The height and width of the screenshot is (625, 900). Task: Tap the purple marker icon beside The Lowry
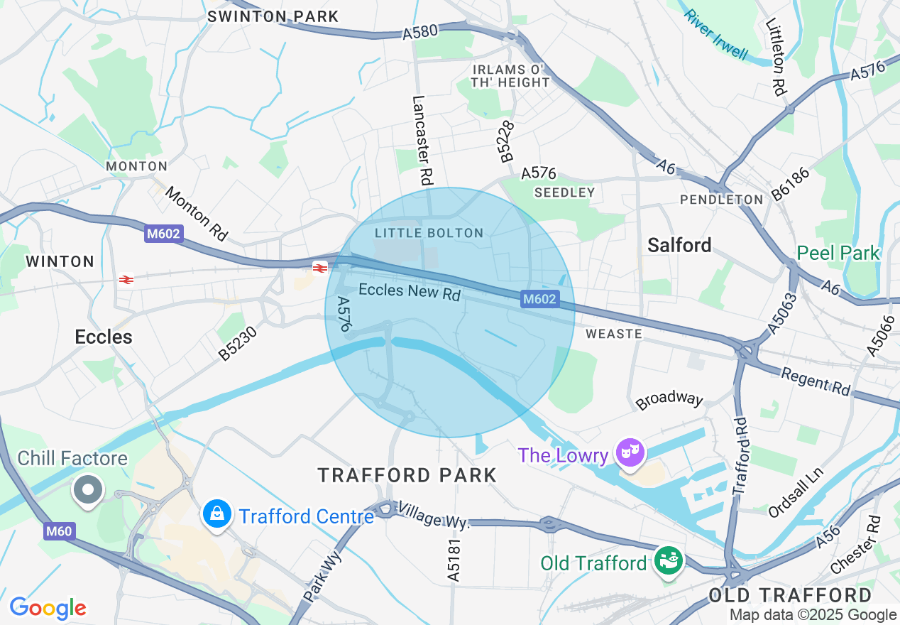[x=630, y=452]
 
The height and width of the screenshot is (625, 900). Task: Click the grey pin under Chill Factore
[x=89, y=489]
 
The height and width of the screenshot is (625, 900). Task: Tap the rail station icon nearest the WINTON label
[x=127, y=280]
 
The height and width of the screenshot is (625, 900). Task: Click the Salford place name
[x=679, y=245]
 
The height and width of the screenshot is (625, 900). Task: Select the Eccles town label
[x=104, y=337]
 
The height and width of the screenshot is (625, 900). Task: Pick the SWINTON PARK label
[x=273, y=16]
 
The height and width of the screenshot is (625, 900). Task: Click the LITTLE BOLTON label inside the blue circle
[x=429, y=233]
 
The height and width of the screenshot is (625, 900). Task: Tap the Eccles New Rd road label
[x=410, y=291]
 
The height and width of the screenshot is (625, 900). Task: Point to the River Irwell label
[x=716, y=35]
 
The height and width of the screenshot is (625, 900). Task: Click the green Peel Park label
[x=838, y=253]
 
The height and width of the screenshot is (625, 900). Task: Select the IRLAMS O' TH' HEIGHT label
[x=511, y=75]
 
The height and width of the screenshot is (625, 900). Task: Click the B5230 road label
[x=238, y=343]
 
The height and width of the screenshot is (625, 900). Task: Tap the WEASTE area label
[x=614, y=334]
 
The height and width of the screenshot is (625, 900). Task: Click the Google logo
[x=48, y=608]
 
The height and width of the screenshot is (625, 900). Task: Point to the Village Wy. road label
[x=434, y=515]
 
